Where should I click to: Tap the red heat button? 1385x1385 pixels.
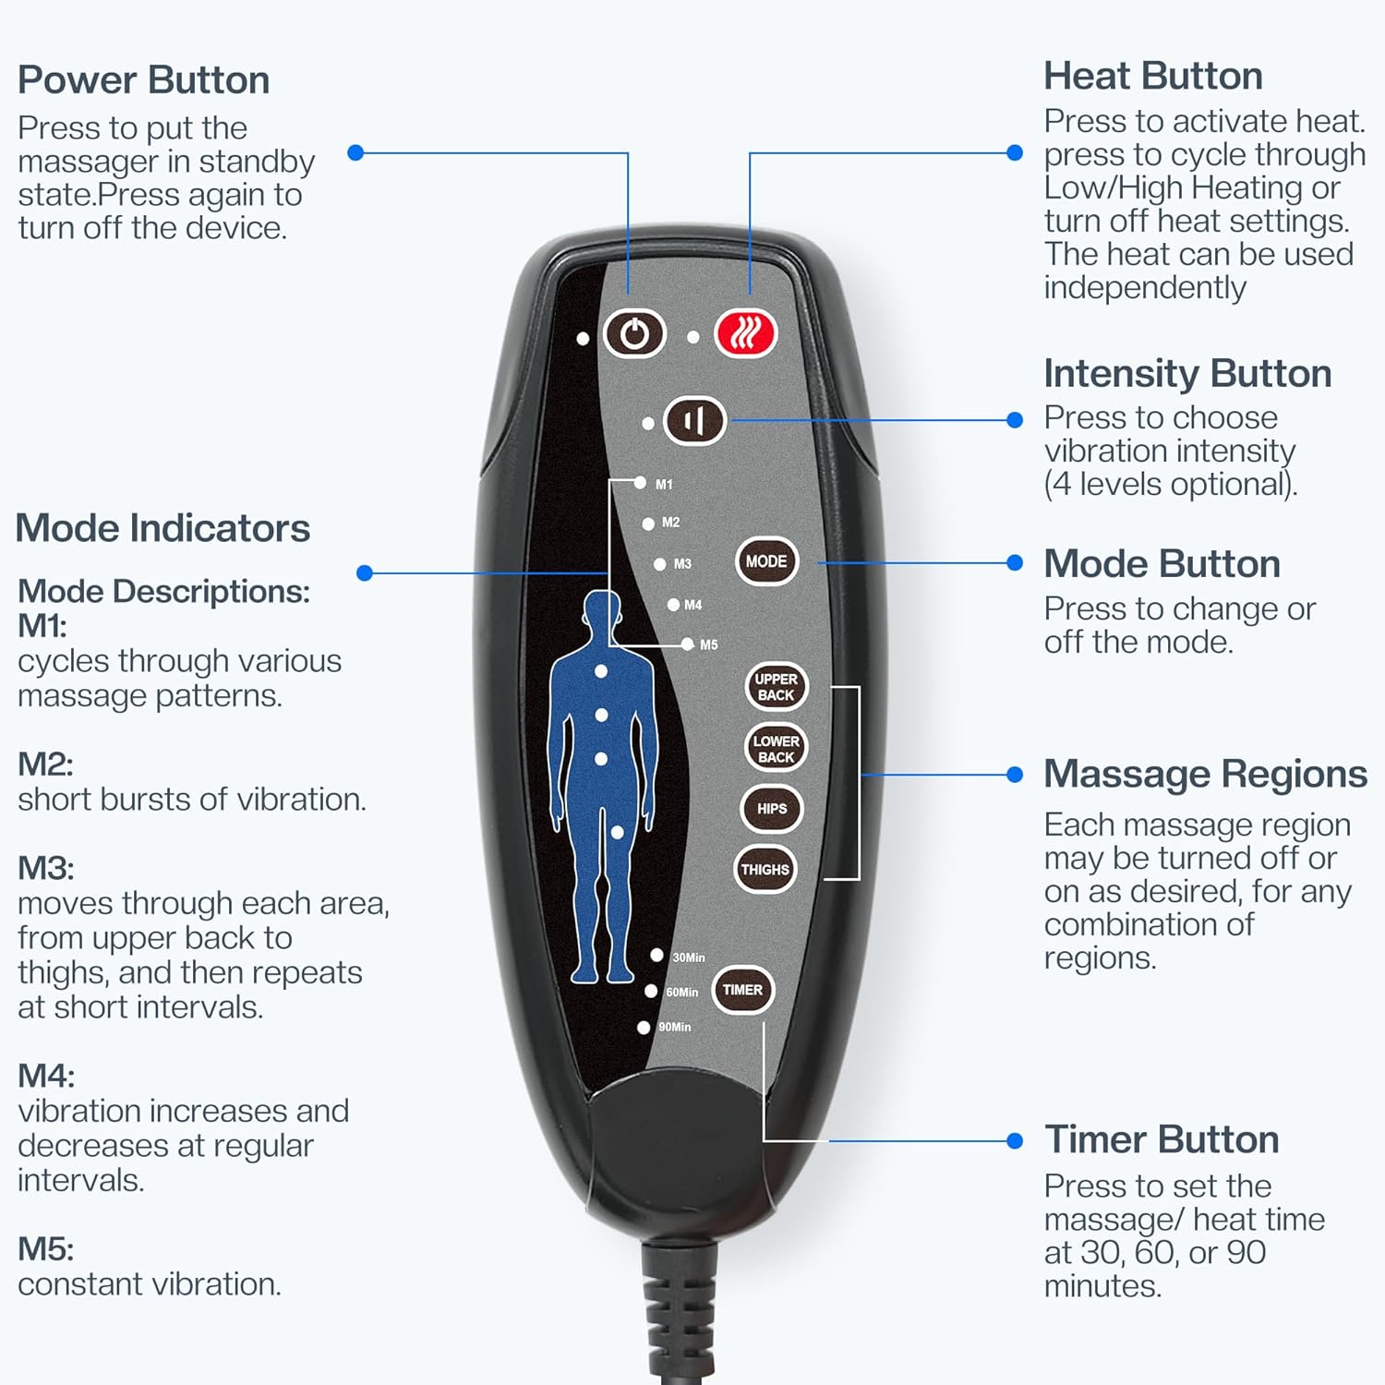tap(746, 333)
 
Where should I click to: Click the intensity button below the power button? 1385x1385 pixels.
tap(694, 421)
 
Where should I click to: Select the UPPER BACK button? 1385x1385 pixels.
tap(776, 687)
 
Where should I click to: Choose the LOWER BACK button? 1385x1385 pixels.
tap(776, 749)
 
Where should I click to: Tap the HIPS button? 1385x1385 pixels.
tap(772, 809)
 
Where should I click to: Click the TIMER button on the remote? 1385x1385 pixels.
tap(742, 990)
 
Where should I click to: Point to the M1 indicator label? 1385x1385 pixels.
tap(664, 484)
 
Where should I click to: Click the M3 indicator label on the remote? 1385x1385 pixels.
tap(682, 563)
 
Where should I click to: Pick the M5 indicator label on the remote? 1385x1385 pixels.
tap(708, 644)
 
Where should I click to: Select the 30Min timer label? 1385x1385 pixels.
tap(688, 957)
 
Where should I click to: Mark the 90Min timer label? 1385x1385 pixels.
tap(674, 1027)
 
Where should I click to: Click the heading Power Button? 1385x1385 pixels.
tap(143, 80)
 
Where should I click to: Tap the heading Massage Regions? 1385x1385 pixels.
tap(1205, 774)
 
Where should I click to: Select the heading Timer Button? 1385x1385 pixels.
tap(1161, 1139)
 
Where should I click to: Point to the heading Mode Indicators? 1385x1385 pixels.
tap(163, 528)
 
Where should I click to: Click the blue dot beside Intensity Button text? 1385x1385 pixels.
tap(1015, 420)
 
